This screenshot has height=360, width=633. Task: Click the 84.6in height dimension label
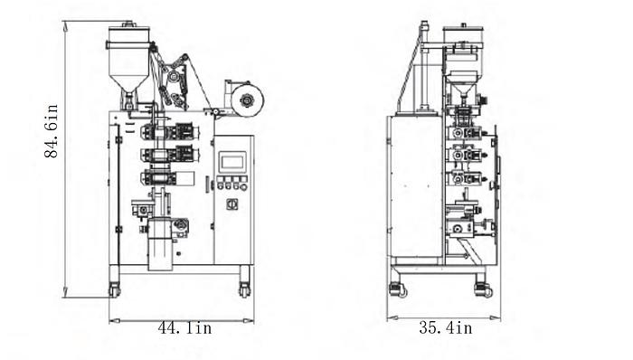tap(52, 132)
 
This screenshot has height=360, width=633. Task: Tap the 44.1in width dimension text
tap(184, 327)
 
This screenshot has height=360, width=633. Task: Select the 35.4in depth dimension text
tap(445, 327)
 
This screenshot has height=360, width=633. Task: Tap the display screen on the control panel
tap(232, 162)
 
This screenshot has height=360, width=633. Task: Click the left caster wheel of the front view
tap(115, 290)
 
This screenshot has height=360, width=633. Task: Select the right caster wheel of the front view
tap(244, 290)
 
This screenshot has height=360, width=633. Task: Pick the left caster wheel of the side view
tap(399, 289)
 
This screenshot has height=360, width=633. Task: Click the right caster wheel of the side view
tap(484, 289)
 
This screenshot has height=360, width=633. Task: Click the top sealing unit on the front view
tap(168, 130)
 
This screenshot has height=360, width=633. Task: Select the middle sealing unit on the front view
tap(168, 153)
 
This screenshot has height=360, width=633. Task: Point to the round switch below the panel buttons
tap(231, 204)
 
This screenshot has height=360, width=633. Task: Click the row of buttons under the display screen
tap(231, 184)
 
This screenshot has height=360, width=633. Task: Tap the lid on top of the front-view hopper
tap(128, 32)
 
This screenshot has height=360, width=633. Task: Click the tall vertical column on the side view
tap(421, 68)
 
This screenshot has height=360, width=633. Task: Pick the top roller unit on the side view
tap(465, 132)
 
